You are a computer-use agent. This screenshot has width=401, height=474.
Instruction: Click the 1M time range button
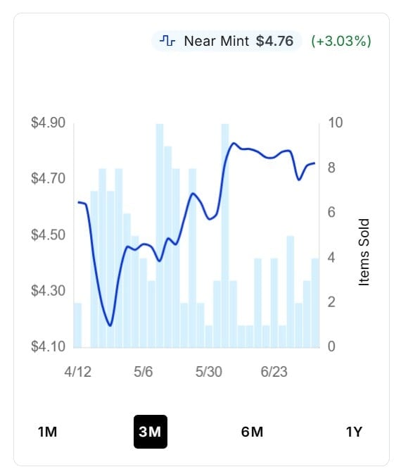click(47, 432)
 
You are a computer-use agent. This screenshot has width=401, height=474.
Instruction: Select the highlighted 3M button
click(151, 432)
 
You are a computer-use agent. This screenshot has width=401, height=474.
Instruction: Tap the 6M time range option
click(252, 432)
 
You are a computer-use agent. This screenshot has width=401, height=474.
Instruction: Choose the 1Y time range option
click(354, 432)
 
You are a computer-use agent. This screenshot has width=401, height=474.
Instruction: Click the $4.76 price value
click(274, 41)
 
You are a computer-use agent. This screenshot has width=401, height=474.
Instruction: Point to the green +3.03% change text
click(341, 41)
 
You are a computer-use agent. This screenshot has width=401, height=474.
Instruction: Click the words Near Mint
click(217, 41)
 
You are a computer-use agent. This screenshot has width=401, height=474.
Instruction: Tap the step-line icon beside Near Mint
click(167, 41)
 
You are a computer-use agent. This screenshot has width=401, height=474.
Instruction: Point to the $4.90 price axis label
click(48, 123)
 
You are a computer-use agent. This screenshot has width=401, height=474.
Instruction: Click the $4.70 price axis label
click(48, 178)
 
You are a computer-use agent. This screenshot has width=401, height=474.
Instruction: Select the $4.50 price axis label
click(48, 235)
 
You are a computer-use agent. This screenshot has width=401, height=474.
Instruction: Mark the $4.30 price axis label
click(48, 291)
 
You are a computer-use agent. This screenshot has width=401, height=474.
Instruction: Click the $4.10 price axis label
click(48, 347)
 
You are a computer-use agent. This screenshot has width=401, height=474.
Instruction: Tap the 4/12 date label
click(77, 372)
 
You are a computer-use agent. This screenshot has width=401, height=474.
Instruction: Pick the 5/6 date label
click(143, 372)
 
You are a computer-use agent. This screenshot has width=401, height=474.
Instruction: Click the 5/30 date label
click(209, 372)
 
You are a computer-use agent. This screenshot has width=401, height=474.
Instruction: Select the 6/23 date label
click(274, 372)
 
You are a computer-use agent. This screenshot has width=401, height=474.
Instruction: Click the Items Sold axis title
click(364, 252)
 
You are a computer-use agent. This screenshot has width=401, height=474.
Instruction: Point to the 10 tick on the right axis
click(335, 123)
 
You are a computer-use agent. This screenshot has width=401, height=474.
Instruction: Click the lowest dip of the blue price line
click(110, 325)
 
